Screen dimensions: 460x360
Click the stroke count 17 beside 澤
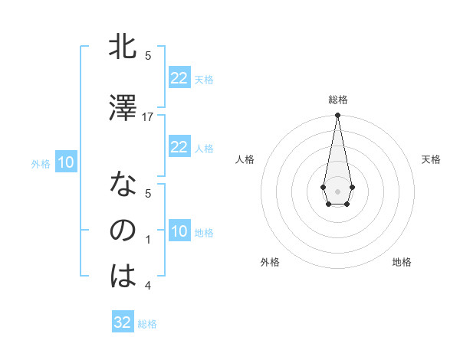point(148,116)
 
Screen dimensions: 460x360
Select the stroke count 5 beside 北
point(148,56)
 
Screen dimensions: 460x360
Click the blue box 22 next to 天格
point(179,78)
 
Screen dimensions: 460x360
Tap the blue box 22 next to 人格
point(179,147)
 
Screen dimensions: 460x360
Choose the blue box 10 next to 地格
point(179,231)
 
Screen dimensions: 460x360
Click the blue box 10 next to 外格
point(66,162)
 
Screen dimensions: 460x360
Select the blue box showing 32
point(123,322)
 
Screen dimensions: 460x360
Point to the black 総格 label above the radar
point(338,100)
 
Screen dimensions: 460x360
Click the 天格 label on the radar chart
point(432,159)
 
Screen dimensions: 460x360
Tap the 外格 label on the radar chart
point(270,262)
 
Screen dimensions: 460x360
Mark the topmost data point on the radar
point(337,116)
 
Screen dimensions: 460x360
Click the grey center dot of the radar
point(337,190)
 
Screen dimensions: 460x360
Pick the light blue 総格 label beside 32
point(147,324)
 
